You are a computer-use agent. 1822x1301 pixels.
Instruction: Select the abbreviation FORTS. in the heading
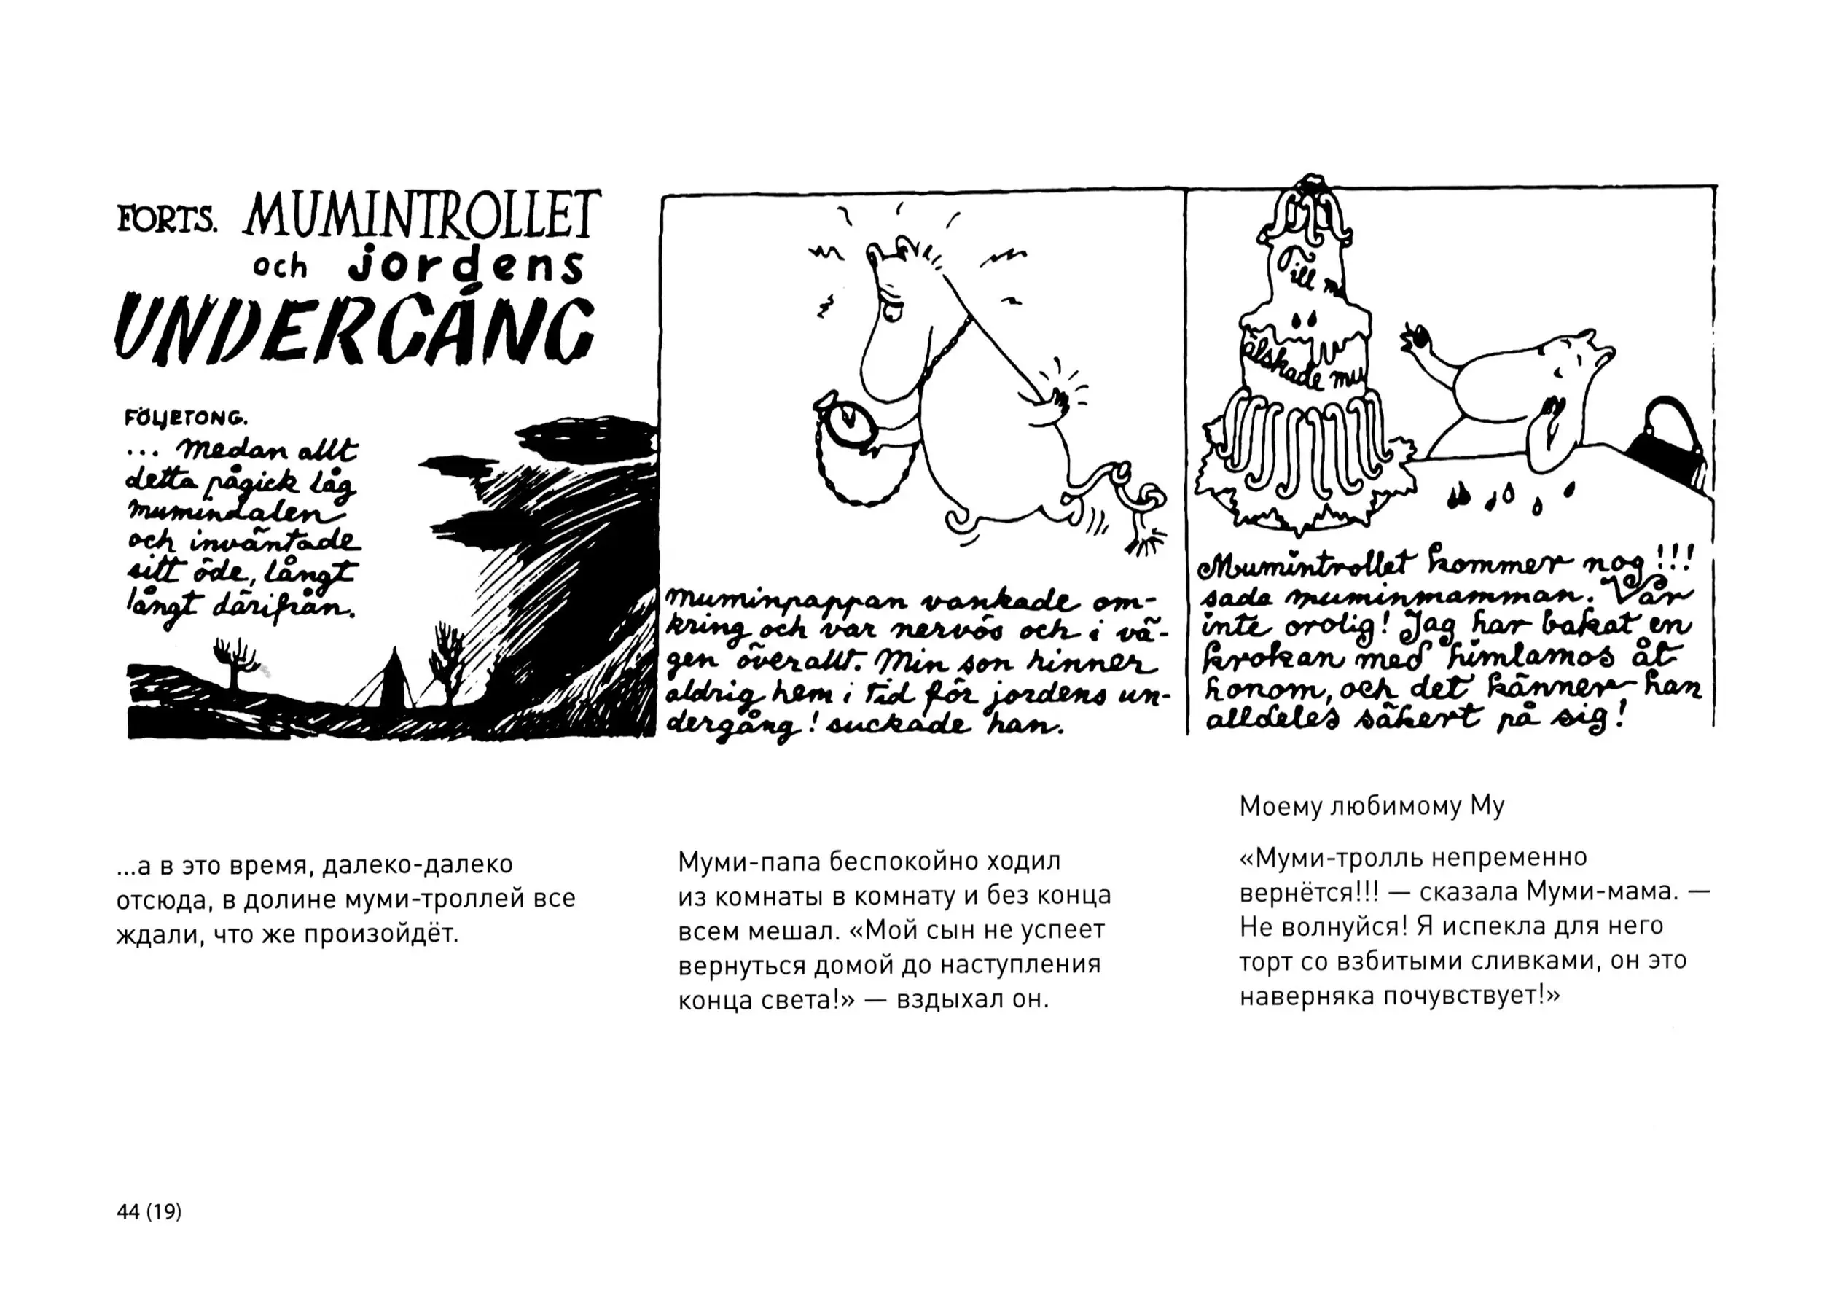168,218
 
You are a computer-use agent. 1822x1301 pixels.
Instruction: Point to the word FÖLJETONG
186,418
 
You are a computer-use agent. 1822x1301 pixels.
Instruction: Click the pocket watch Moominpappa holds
848,421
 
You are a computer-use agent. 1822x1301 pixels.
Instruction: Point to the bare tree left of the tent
235,662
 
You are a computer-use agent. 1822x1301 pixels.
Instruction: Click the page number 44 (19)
149,1211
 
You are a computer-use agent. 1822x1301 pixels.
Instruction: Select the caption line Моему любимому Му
1372,806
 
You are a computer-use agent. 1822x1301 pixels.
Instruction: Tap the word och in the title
280,267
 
